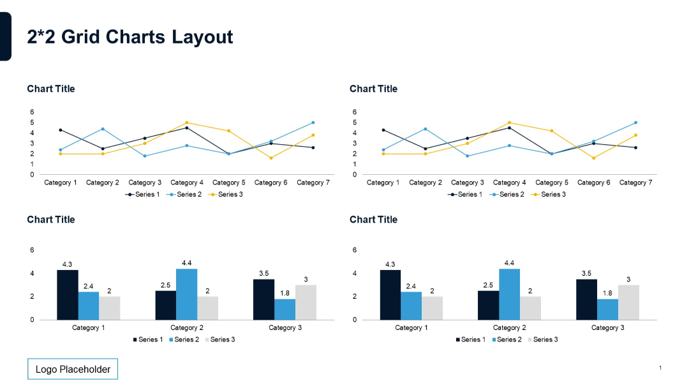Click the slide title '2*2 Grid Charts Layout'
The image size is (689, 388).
click(130, 37)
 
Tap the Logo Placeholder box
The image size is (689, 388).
click(73, 369)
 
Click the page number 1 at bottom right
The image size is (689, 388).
click(660, 368)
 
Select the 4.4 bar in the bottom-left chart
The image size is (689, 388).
click(186, 294)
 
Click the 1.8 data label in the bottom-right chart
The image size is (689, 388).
click(607, 293)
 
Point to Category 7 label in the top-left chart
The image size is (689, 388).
click(313, 183)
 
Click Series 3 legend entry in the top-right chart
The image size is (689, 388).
click(553, 194)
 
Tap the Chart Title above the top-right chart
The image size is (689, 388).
click(373, 89)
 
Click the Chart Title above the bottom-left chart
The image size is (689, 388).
click(51, 220)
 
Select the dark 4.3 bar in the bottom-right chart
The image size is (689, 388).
click(390, 295)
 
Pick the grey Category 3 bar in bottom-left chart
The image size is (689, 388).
click(306, 302)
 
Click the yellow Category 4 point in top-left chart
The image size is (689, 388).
click(187, 123)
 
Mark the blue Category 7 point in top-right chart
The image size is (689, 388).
click(635, 123)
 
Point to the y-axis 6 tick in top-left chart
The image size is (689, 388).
click(32, 112)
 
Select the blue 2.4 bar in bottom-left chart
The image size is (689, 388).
click(89, 306)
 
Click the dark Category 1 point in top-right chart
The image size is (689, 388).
click(383, 130)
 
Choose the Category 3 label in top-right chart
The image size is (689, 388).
click(468, 183)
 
